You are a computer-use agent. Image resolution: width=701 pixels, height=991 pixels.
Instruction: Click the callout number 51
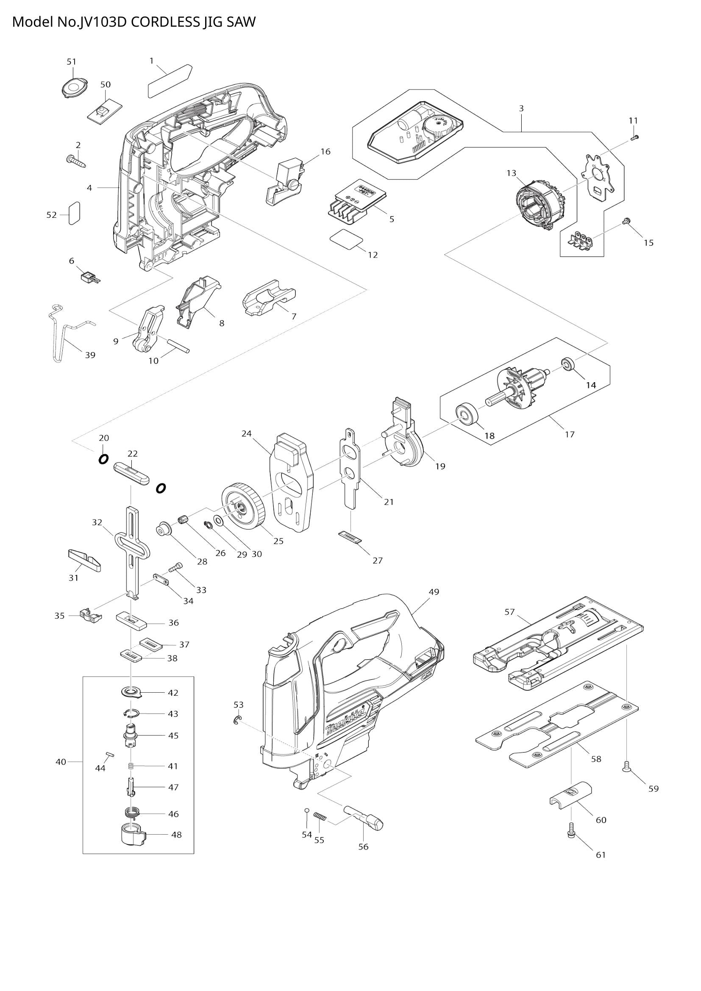(x=72, y=62)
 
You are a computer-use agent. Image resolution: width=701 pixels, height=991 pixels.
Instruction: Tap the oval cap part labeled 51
(x=72, y=88)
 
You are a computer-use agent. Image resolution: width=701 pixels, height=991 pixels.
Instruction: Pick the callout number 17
(x=570, y=434)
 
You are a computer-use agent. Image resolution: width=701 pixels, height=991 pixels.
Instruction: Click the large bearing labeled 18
(x=467, y=414)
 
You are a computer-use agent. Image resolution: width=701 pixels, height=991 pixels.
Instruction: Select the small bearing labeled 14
(x=567, y=363)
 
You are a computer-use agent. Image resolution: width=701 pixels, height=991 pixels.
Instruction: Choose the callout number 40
(x=61, y=762)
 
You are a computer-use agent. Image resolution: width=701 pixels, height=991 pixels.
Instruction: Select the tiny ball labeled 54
(x=306, y=810)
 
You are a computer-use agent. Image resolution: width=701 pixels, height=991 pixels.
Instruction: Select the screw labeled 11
(x=634, y=138)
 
